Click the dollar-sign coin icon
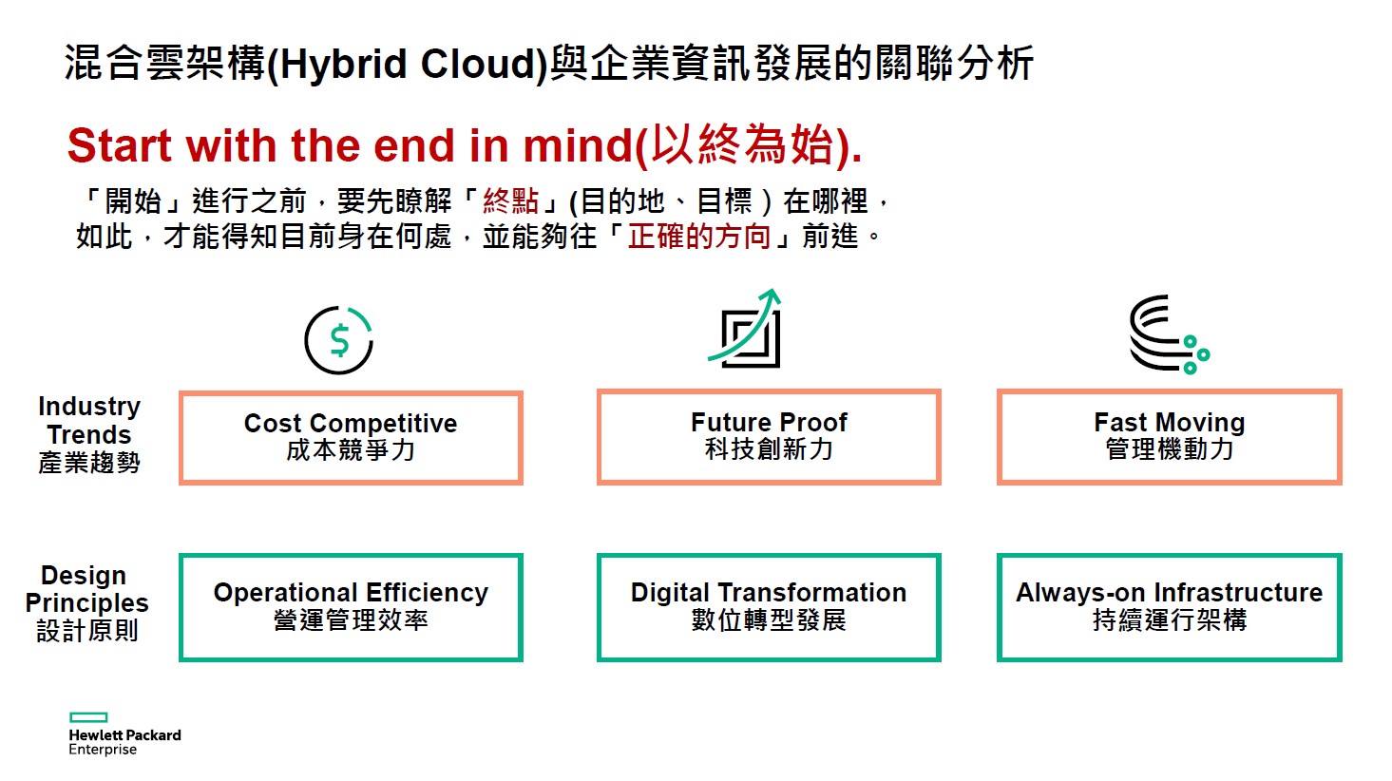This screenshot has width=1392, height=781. (x=338, y=340)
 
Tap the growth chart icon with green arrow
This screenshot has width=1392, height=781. (x=745, y=329)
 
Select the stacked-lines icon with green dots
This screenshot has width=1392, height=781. (x=1169, y=334)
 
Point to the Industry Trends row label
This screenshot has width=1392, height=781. (x=89, y=434)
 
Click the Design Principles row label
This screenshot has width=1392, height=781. (x=86, y=602)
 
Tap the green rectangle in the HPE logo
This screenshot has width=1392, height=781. (x=88, y=717)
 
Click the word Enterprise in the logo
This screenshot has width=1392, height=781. (x=103, y=750)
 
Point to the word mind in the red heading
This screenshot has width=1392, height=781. (x=578, y=145)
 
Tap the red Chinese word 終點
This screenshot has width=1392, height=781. (x=511, y=200)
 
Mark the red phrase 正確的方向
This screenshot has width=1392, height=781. (x=698, y=236)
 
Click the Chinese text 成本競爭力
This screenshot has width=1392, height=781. (x=351, y=449)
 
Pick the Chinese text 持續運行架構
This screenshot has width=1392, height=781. (x=1170, y=620)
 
